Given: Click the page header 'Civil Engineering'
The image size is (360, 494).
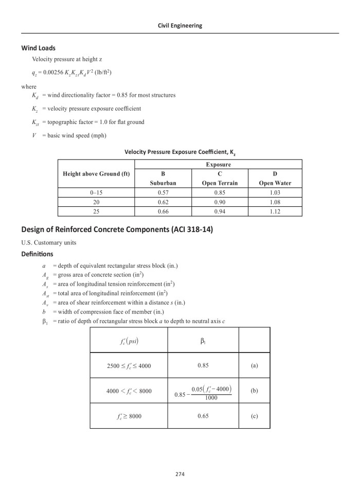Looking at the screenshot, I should (179, 25).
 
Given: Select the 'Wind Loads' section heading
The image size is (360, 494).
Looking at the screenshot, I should (38, 48).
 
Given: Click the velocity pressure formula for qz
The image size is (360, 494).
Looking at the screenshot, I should (71, 73).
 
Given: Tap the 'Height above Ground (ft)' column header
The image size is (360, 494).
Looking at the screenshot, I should (96, 174).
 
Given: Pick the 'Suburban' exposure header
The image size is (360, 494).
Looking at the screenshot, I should (163, 183).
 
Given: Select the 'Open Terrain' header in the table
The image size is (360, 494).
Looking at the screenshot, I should (220, 183).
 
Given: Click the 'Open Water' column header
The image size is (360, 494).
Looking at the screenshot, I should (275, 183).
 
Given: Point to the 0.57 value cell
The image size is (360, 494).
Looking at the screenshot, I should (163, 192).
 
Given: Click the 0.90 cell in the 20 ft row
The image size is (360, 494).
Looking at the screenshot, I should (220, 202).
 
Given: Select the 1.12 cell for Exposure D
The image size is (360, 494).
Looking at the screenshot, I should (275, 211).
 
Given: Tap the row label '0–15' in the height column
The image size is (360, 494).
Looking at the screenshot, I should (96, 192).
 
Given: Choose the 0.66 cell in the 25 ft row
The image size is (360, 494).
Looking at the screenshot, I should (163, 211).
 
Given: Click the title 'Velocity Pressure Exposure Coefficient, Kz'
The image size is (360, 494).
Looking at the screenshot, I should (179, 152).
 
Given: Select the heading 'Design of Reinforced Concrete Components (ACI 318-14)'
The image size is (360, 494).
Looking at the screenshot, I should (117, 230).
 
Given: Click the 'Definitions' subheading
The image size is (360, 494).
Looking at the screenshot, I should (37, 254).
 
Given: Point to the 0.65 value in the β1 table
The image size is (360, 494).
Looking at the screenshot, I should (203, 416).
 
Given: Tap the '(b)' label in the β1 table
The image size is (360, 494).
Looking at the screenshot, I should (254, 391).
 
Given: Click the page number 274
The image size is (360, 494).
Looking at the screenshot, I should (179, 474).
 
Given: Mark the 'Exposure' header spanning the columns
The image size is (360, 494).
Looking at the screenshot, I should (219, 165).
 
